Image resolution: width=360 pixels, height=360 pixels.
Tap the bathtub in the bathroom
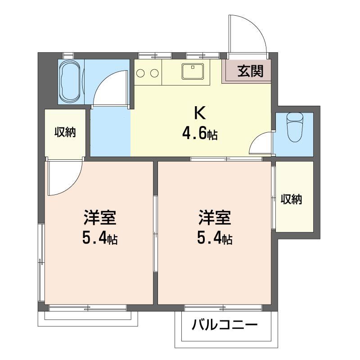click(x=71, y=82)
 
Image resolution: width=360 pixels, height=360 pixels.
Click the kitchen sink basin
click(x=193, y=71)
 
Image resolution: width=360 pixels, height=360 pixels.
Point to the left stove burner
click(x=141, y=73)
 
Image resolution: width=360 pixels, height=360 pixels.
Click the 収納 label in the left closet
click(x=65, y=132)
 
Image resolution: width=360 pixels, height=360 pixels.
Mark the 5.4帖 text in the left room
click(x=99, y=239)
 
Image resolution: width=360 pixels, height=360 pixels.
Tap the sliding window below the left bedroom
click(x=88, y=308)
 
